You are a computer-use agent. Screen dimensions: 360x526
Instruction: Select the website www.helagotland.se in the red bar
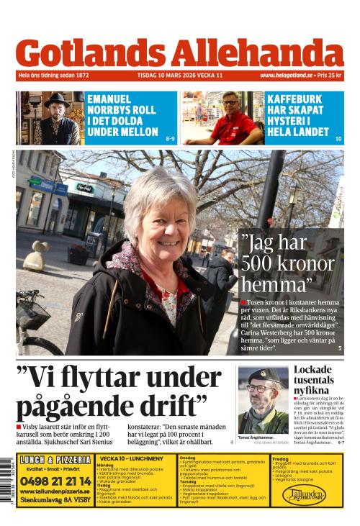pos(286,75)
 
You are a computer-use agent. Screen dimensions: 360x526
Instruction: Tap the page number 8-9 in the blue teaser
pos(170,138)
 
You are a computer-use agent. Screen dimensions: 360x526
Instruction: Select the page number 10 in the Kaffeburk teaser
pos(338,138)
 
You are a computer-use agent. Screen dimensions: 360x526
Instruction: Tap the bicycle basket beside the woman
pos(32,313)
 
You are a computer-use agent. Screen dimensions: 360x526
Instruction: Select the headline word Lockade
pos(313,370)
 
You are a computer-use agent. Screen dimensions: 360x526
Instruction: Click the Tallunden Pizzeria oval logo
pos(304,495)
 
